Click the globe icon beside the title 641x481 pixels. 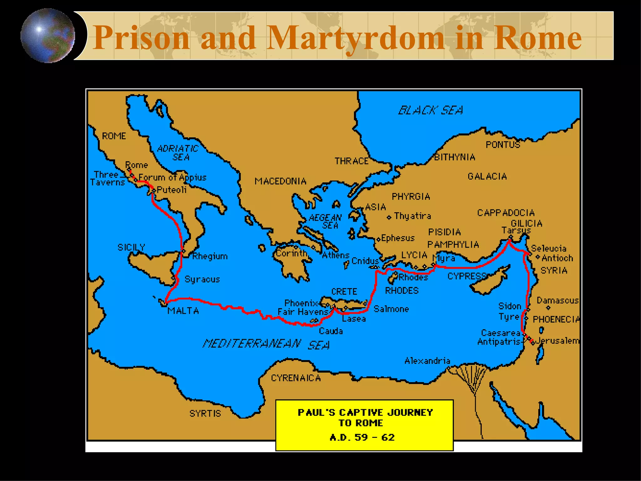coord(48,36)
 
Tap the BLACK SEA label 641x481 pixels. coord(430,111)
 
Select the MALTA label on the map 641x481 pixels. coord(183,311)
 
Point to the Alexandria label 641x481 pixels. coord(427,361)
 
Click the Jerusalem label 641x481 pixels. coord(557,341)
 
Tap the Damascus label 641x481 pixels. coord(557,301)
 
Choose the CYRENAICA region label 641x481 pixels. coord(296,378)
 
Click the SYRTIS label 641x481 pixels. coord(205,414)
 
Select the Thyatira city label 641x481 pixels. coord(412,216)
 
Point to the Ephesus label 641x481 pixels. coord(397,238)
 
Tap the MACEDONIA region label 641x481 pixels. coord(280,181)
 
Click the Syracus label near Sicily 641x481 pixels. coord(202,279)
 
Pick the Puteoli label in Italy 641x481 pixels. coord(172,190)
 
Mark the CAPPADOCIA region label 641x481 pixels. coord(506,213)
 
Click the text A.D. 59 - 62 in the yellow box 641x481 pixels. coord(362,437)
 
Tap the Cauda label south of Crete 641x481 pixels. coord(331,331)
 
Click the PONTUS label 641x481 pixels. coord(503,145)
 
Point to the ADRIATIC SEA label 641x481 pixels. coord(178,153)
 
